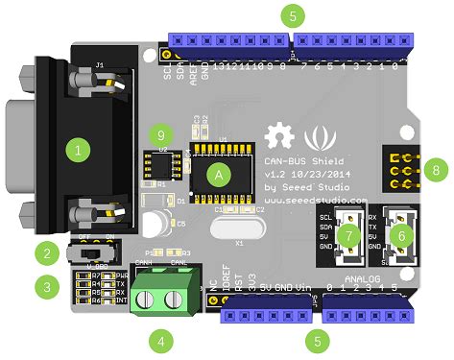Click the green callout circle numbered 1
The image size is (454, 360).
point(78,150)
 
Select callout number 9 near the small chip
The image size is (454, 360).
point(160,136)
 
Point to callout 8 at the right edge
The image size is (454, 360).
point(437,169)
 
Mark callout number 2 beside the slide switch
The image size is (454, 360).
point(43,253)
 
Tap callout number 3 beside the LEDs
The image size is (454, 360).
point(43,285)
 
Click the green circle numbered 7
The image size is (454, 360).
point(350,235)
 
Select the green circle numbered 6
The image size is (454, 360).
point(402,233)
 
